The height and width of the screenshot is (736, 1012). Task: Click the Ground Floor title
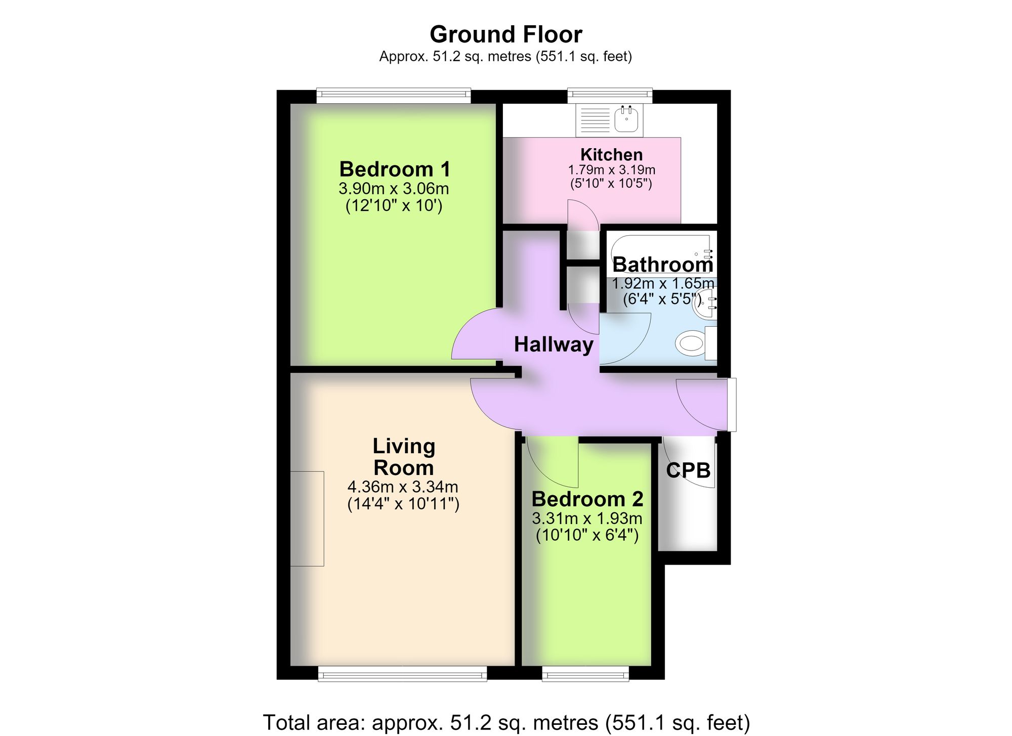[506, 34]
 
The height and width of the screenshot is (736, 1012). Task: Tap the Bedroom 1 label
[395, 169]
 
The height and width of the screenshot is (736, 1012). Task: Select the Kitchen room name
[611, 154]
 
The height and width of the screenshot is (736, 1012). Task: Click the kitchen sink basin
[626, 119]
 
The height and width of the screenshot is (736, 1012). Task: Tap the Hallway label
[554, 344]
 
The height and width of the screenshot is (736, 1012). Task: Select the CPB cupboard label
[688, 470]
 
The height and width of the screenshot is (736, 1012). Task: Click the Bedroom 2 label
[587, 499]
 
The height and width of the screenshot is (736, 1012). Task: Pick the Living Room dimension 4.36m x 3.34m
[403, 487]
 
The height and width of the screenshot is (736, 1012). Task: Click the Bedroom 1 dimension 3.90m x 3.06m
[394, 189]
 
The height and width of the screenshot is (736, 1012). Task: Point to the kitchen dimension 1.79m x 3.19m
[612, 170]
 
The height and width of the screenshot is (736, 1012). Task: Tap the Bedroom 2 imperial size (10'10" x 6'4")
[587, 535]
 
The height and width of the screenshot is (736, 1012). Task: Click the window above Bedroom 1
[394, 96]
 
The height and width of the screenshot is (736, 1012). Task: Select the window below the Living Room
[402, 673]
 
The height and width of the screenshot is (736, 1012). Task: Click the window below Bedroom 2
[585, 673]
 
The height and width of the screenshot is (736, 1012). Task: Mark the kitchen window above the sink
[610, 96]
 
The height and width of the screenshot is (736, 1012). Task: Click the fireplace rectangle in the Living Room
[307, 518]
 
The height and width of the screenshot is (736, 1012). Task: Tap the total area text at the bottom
[506, 722]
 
